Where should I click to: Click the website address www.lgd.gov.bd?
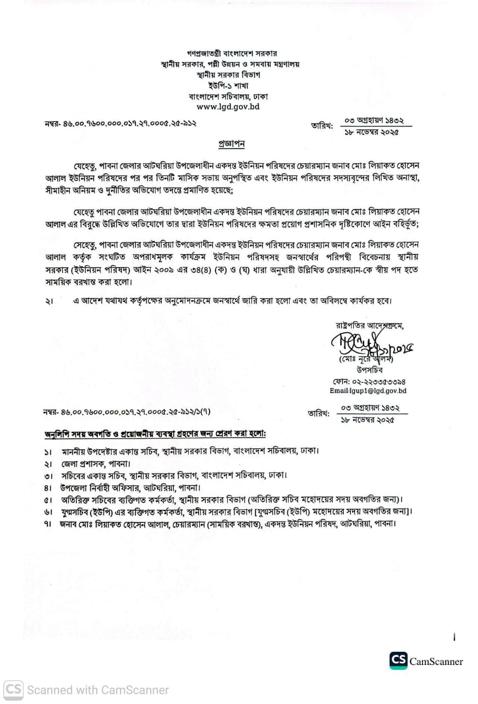228,107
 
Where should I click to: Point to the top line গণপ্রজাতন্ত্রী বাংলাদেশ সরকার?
228,53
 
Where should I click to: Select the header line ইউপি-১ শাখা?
228,85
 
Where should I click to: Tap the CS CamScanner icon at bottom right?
398,661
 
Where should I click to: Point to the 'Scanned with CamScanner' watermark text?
98,690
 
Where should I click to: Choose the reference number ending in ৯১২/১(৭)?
127,411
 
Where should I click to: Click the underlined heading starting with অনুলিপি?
155,435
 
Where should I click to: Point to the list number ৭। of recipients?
48,524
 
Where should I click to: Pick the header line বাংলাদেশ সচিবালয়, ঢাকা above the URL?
228,96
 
